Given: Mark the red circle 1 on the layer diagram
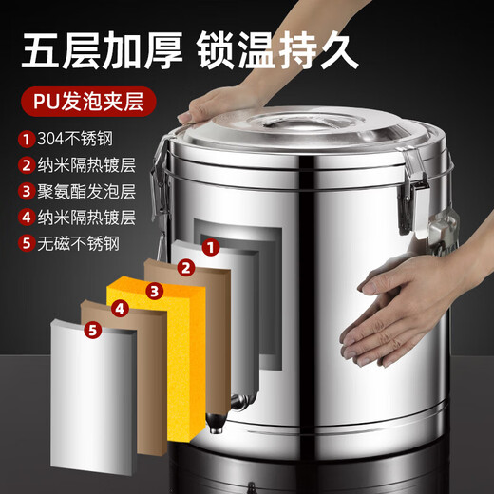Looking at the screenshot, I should pos(212,248).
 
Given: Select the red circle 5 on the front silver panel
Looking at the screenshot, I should pos(91,330).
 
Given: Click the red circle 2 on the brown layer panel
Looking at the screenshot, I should pos(186,268).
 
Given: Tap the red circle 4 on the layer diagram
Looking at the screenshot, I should pos(120,308).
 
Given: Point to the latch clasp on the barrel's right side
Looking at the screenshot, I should pos(414,189).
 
